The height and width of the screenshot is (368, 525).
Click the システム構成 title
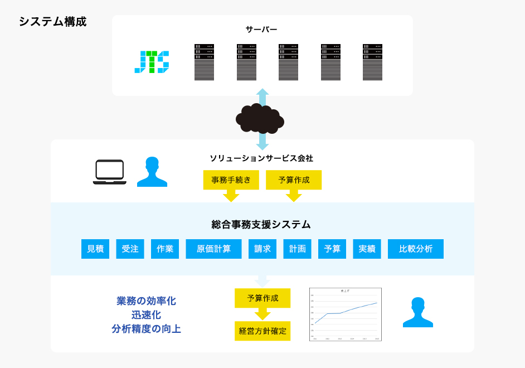click(x=53, y=22)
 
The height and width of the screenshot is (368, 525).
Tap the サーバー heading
click(x=261, y=29)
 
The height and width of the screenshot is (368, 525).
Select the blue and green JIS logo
click(x=152, y=62)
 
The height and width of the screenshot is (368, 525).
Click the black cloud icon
click(x=260, y=118)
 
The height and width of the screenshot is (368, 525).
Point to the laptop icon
click(x=109, y=172)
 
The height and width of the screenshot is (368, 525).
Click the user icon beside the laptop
click(x=152, y=172)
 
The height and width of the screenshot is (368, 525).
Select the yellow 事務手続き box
click(x=231, y=180)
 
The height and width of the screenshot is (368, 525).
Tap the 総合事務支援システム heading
click(x=261, y=225)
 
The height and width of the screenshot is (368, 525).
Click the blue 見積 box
click(x=95, y=249)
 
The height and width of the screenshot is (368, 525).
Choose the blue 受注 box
click(x=130, y=249)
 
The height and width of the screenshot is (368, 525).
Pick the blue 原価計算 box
click(x=213, y=249)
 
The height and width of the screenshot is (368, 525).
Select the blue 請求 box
click(x=262, y=249)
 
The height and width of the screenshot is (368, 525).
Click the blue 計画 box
click(x=297, y=249)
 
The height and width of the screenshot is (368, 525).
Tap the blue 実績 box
click(x=367, y=249)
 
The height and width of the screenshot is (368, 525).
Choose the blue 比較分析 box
click(x=416, y=249)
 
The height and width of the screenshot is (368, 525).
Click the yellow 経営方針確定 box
click(x=262, y=331)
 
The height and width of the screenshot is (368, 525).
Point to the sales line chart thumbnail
click(x=346, y=314)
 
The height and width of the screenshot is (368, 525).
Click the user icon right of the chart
click(x=417, y=312)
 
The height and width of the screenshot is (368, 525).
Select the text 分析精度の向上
click(x=146, y=329)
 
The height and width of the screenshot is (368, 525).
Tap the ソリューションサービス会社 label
click(x=261, y=158)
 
